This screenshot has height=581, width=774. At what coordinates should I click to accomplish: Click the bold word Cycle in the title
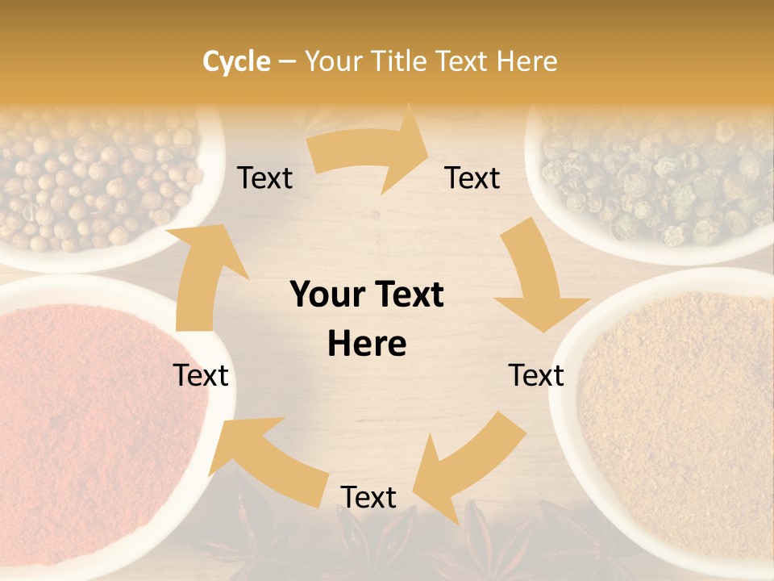click(x=236, y=61)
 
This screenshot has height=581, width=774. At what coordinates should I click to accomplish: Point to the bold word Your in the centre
click(x=326, y=295)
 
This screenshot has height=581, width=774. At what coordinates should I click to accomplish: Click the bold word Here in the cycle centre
click(x=367, y=344)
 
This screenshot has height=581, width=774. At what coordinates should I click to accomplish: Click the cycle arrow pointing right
click(x=371, y=153)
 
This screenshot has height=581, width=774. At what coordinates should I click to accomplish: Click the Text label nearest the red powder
click(x=202, y=375)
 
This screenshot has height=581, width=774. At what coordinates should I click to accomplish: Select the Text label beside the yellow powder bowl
click(x=536, y=375)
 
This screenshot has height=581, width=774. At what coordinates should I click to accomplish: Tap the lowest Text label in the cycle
click(x=368, y=497)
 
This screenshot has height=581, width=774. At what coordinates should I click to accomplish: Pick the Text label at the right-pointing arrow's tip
click(x=472, y=178)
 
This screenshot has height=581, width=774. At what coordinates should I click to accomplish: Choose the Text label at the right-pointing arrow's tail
click(x=264, y=178)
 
